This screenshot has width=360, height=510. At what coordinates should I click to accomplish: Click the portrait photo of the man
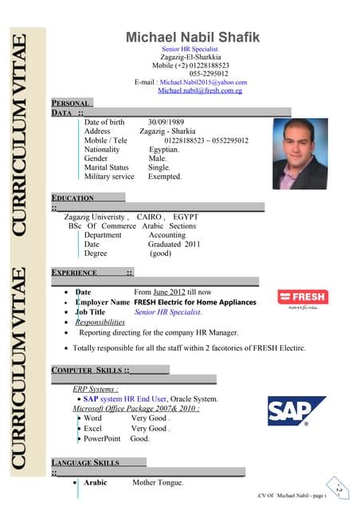pyautogui.click(x=299, y=154)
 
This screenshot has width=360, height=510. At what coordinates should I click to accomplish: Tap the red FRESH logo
pyautogui.click(x=302, y=297)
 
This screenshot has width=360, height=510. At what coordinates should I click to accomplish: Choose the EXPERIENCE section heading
pyautogui.click(x=74, y=273)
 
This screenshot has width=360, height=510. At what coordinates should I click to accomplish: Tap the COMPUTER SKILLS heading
pyautogui.click(x=87, y=371)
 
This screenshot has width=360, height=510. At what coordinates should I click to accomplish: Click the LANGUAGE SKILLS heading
pyautogui.click(x=85, y=462)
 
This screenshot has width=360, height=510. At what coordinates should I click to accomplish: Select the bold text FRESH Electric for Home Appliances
pyautogui.click(x=195, y=303)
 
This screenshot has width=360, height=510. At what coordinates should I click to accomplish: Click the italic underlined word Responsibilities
pyautogui.click(x=100, y=323)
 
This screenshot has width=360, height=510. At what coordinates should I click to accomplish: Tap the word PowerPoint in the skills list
pyautogui.click(x=102, y=439)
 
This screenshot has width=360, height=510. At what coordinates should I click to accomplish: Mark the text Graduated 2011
pyautogui.click(x=174, y=245)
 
